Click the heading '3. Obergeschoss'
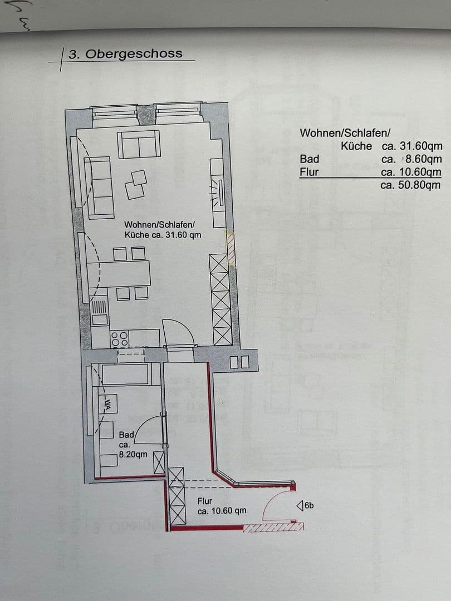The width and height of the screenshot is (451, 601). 125,54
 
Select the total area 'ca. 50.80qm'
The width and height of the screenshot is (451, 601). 410,185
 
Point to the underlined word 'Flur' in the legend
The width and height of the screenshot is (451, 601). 309,172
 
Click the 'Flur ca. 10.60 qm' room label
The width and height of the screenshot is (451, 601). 222,506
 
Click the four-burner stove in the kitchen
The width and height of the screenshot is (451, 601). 120,338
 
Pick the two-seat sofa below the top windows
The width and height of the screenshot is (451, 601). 139,144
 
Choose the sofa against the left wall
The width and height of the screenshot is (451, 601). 98,186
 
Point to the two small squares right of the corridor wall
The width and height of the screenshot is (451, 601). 239,362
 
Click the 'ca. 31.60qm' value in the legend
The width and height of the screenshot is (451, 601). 411,146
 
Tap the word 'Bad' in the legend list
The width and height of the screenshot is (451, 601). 310,159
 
